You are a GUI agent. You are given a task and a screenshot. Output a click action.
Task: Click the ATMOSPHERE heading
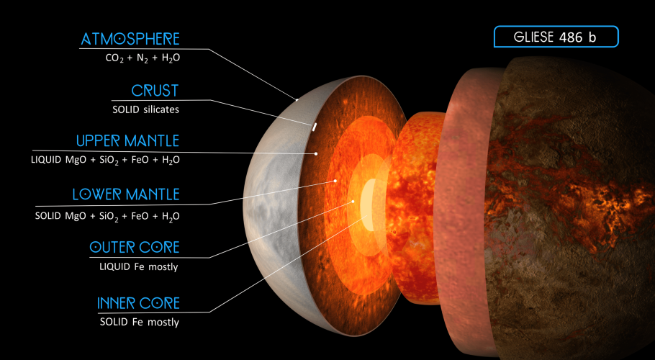tap(130, 39)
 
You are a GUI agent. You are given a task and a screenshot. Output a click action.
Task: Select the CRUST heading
tap(155, 91)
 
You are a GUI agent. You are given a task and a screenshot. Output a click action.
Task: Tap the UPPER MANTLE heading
tap(128, 140)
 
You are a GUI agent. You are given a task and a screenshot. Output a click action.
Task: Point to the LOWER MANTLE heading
tap(126, 194)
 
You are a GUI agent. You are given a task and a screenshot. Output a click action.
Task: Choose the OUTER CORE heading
tap(135, 247)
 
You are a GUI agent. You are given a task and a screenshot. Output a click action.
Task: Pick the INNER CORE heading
tap(139, 303)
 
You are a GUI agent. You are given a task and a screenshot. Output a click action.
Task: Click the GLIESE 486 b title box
tap(556, 37)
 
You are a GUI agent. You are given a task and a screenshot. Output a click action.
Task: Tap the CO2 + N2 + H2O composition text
tap(143, 58)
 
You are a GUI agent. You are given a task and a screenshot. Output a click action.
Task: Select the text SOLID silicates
tap(146, 109)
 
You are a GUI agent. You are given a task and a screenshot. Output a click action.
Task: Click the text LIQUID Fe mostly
tap(139, 266)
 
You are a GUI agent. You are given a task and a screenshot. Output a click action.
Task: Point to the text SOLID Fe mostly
tap(140, 322)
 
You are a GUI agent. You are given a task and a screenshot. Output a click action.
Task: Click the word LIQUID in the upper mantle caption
tap(46, 160)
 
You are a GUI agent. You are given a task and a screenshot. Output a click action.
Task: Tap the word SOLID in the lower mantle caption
tap(48, 216)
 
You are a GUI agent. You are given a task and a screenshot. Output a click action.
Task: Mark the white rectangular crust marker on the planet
tap(314, 127)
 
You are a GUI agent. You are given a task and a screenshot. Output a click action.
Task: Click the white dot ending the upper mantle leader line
tap(316, 153)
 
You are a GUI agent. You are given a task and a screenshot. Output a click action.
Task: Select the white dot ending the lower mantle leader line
tap(335, 181)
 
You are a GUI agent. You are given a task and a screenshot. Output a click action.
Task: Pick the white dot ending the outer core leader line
tap(353, 202)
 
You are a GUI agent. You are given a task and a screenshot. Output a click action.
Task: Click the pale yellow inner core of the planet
tap(368, 204)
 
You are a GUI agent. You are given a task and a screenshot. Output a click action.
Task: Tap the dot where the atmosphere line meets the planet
tap(297, 100)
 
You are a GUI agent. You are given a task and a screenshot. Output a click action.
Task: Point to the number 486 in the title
tap(569, 37)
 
